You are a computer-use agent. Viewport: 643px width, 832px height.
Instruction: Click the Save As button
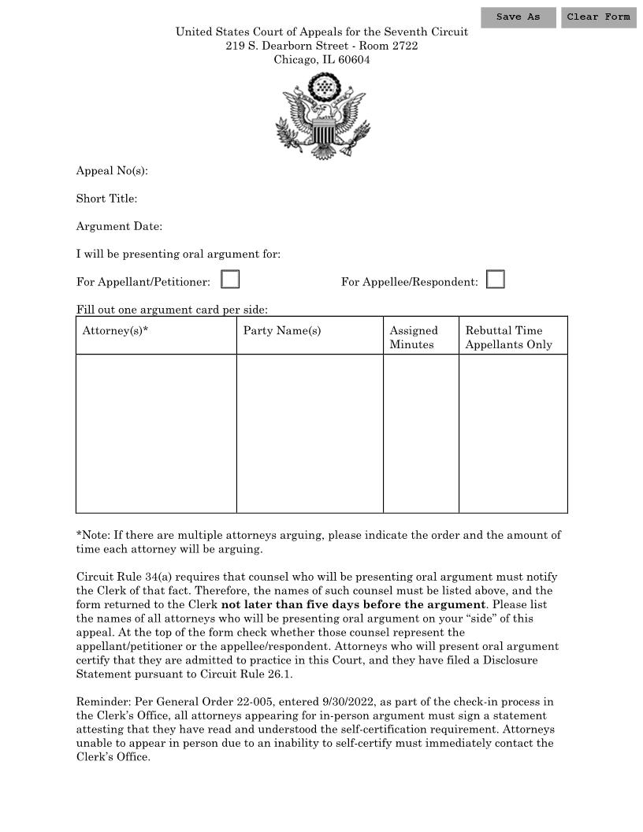[518, 17]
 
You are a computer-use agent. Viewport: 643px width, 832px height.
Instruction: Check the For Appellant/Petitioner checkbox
[230, 280]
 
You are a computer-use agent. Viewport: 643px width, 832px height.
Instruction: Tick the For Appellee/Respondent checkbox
[496, 280]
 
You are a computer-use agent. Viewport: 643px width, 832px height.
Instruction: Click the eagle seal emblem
[321, 116]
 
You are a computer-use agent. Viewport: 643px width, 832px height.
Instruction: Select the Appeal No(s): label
[112, 171]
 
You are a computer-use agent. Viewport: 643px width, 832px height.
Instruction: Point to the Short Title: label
[106, 199]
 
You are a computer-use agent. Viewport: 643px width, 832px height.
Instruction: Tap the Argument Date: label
[119, 226]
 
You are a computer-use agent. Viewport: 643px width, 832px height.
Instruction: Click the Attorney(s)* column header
[116, 331]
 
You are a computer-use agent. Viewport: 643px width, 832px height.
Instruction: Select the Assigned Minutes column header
[414, 337]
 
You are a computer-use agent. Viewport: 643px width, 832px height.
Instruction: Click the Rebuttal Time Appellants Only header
[509, 337]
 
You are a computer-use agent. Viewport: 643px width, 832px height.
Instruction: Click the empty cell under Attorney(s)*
[156, 433]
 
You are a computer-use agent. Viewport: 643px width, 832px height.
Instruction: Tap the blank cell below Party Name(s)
[310, 433]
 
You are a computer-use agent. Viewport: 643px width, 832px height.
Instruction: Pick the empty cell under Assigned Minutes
[421, 433]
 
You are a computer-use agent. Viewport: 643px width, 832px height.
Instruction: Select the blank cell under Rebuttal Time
[513, 433]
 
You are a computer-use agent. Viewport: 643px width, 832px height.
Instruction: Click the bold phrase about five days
[353, 604]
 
